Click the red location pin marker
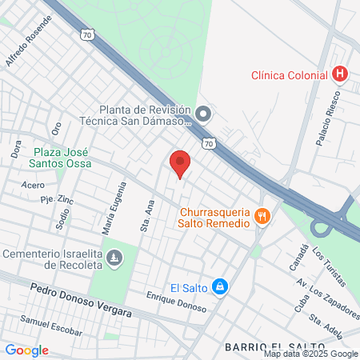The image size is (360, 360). coord(180,164)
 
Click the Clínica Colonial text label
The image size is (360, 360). coord(289,74)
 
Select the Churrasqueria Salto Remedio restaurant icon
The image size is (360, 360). coord(262,215)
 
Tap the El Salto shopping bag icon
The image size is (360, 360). coord(222,286)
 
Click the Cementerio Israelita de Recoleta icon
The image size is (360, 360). coord(115,258)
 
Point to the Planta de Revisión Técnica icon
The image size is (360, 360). coord(203,114)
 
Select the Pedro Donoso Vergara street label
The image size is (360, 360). coord(80,301)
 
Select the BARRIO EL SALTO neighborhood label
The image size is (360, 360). coord(264,346)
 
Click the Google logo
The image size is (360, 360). coord(26,350)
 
